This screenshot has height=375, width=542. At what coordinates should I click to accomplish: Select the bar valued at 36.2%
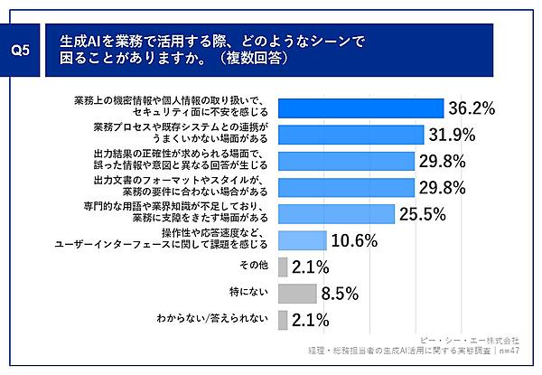click(x=360, y=108)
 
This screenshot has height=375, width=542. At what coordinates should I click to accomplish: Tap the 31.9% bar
click(x=351, y=135)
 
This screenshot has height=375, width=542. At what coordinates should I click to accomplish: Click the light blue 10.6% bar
click(x=303, y=239)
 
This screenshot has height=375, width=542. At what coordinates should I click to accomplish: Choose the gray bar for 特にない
click(x=297, y=293)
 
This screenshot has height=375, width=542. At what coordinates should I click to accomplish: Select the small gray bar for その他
click(x=283, y=267)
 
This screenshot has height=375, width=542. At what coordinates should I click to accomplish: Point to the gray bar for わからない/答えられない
click(x=283, y=319)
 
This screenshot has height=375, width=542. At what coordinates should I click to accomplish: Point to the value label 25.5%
click(x=423, y=214)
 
